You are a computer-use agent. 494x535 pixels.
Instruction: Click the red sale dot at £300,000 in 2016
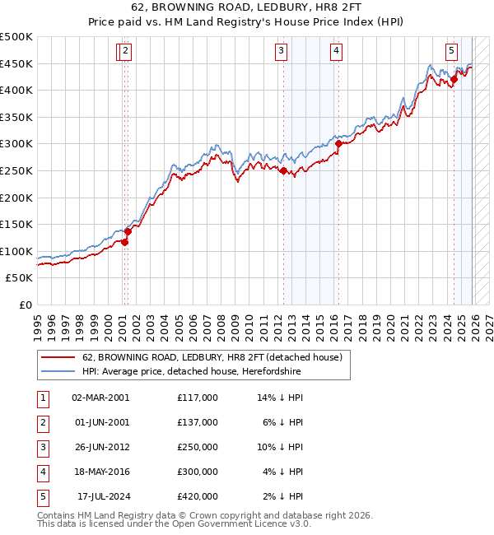tap(338, 143)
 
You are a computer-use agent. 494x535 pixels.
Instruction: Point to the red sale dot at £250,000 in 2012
tap(283, 171)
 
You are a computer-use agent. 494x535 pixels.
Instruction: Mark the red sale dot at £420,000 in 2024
tap(453, 80)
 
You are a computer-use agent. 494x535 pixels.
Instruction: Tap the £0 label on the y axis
tap(25, 305)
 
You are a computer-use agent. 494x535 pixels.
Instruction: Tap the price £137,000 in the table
tap(198, 421)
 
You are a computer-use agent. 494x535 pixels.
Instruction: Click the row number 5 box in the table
tap(41, 496)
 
